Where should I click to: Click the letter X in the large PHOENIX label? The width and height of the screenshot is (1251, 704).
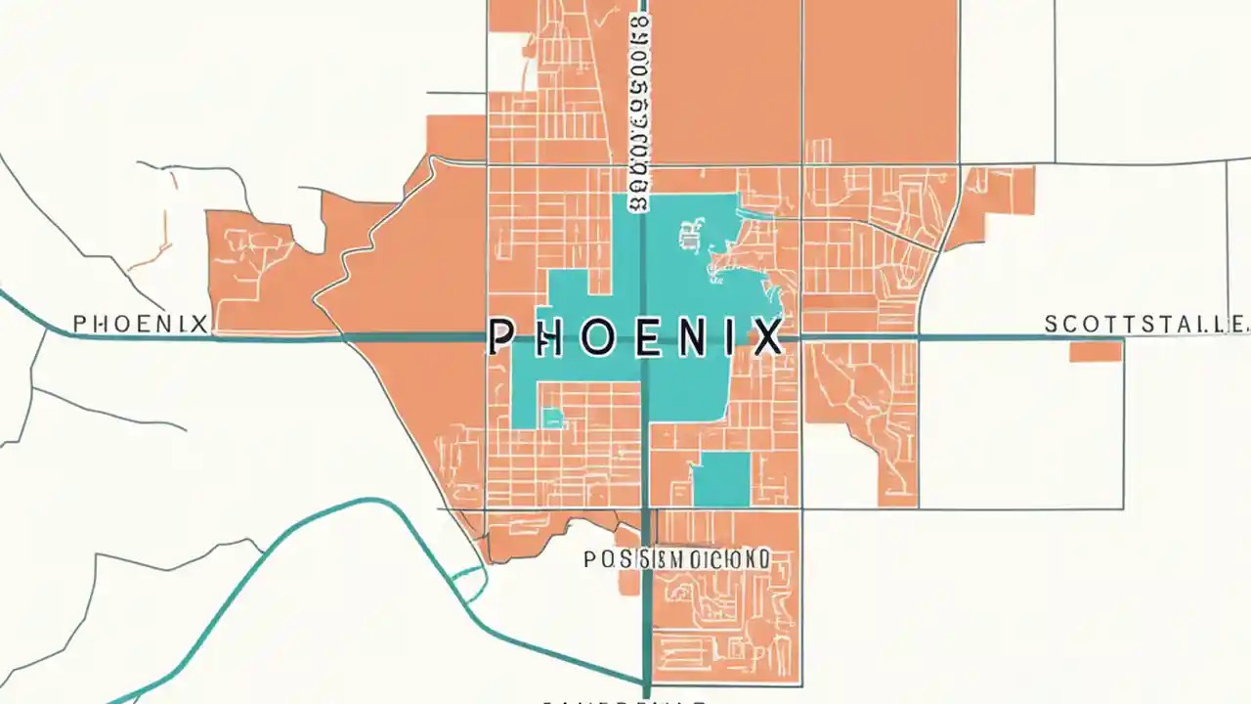coord(764,337)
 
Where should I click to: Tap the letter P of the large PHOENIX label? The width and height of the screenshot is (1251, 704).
coord(500,337)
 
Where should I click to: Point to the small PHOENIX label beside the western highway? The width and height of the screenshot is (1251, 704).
coord(141,323)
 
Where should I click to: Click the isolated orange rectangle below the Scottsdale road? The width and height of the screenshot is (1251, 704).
coord(1095,351)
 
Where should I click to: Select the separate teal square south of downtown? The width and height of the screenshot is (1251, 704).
coord(721,478)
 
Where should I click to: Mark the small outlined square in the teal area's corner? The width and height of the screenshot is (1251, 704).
coord(553,418)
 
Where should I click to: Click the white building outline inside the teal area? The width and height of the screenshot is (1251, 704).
coord(689,235)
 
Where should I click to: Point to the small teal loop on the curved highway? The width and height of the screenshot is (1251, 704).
coord(472,584)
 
